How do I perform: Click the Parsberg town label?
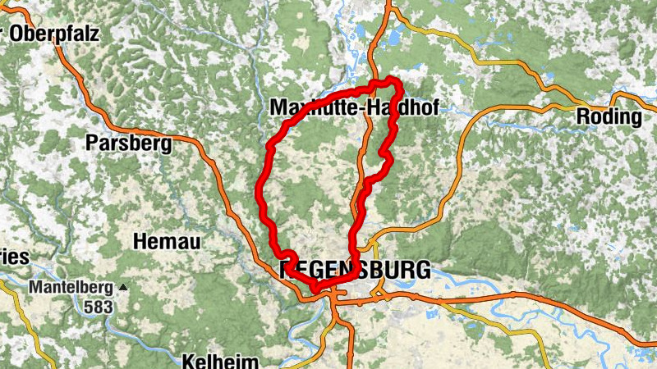point(129,143)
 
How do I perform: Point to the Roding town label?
point(609,116)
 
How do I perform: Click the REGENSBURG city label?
point(356,270)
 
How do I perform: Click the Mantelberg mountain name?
point(72,288)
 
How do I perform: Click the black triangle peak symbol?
point(123,287)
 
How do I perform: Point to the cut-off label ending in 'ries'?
point(13,257)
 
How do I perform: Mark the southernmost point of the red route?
point(316,289)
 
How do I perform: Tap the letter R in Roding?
point(583,116)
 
